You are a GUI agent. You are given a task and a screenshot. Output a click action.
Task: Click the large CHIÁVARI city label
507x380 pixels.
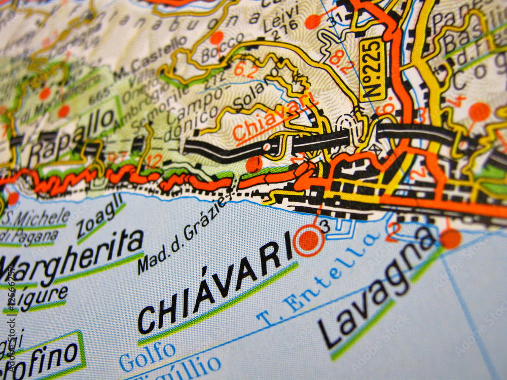point(215,287)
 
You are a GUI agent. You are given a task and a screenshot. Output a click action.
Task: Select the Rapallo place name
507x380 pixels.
point(71,135)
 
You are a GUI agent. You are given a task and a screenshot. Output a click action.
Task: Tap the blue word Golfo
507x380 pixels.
point(148,355)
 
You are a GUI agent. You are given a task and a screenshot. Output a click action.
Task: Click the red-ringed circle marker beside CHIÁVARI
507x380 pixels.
point(308,241)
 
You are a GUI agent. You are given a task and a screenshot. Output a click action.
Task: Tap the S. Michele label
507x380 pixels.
point(35,217)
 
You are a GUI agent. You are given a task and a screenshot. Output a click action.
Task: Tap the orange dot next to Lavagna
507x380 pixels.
point(450,239)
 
